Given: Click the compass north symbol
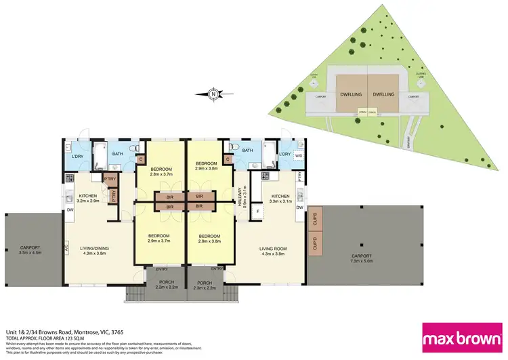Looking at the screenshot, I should click(213, 94).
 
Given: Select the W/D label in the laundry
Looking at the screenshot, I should click(299, 155).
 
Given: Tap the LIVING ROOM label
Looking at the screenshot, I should click(273, 249).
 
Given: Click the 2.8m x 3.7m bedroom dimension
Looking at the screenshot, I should click(161, 174).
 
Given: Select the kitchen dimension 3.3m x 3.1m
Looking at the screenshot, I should click(275, 201).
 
